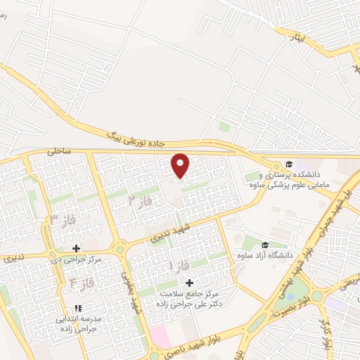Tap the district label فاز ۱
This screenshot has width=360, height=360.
[176, 266]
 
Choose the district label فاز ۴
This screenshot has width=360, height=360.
[82, 285]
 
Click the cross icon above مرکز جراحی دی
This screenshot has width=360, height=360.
[77, 248]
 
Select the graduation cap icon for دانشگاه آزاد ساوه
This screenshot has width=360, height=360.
[265, 245]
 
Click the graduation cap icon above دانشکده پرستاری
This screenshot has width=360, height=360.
[289, 163]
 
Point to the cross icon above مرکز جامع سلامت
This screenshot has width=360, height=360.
[189, 282]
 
